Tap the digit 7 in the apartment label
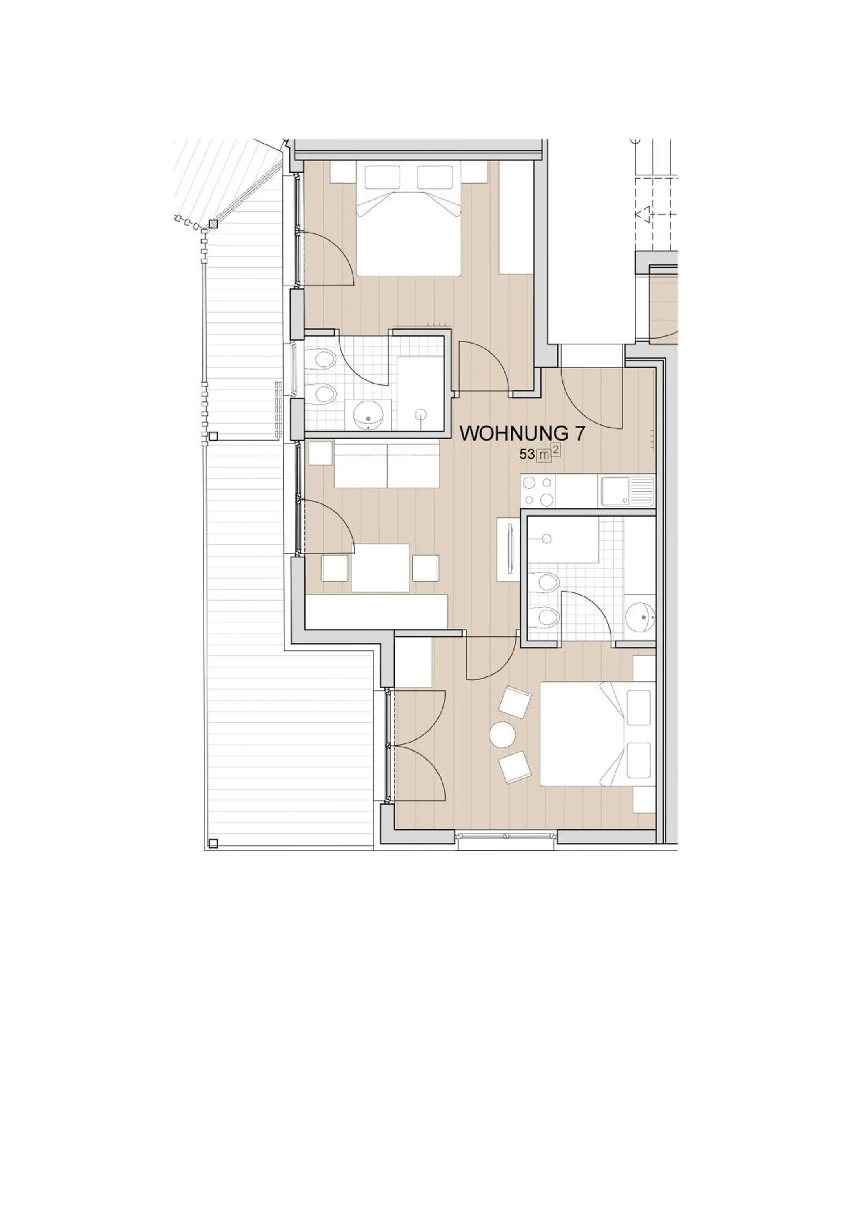point(579,433)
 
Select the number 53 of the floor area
point(527,455)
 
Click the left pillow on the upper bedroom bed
point(382,176)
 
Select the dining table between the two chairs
point(380,568)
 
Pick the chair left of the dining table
point(334,568)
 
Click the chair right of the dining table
point(426,568)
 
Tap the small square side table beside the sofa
point(320,454)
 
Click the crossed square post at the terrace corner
point(213,224)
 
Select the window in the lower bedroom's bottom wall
point(508,836)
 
